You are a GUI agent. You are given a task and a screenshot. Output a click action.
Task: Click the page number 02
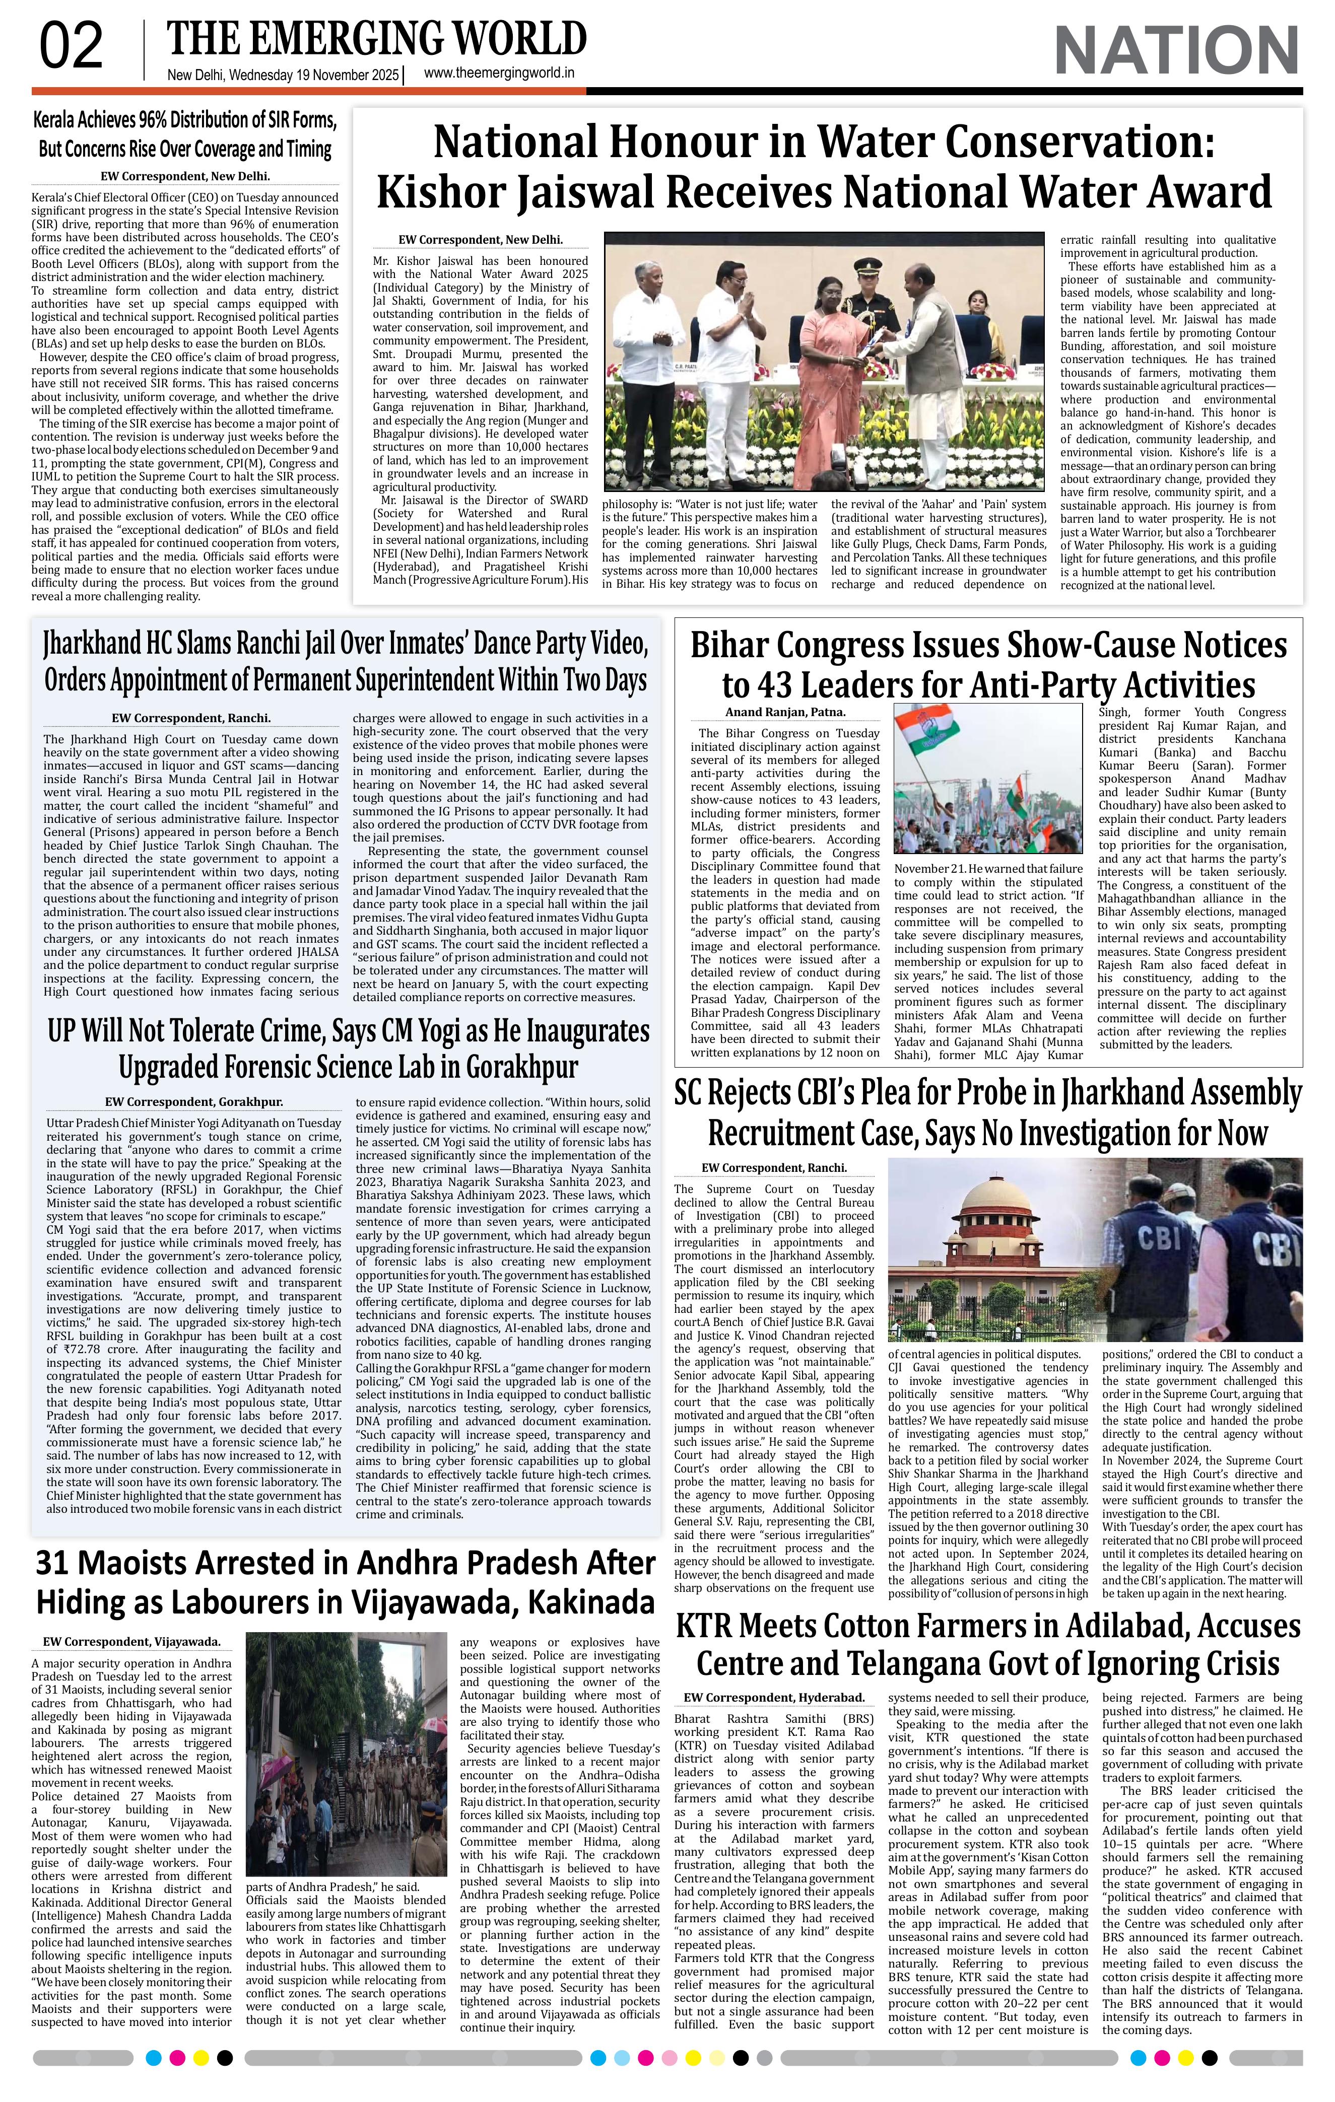point(72,47)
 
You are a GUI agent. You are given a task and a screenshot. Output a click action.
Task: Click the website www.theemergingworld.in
point(499,74)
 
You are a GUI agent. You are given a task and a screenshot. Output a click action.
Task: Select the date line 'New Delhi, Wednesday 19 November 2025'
point(283,76)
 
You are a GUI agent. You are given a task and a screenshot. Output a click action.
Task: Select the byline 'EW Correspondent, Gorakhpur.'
point(194,1102)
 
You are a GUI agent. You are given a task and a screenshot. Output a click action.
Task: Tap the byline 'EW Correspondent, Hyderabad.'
point(774,1697)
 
